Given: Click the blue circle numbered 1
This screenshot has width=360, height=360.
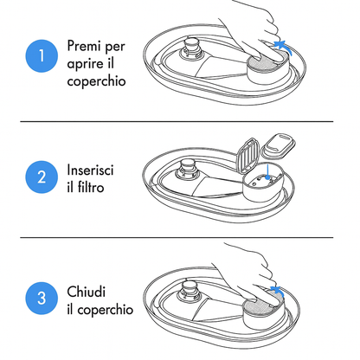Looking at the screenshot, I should pyautogui.click(x=35, y=57).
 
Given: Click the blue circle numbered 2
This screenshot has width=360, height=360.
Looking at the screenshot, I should pyautogui.click(x=35, y=178).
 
